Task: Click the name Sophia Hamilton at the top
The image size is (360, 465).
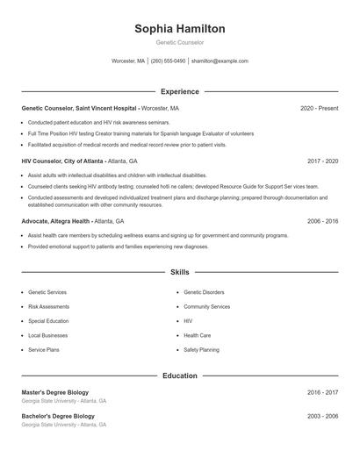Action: coord(180,29)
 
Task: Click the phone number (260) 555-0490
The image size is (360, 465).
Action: coord(168,61)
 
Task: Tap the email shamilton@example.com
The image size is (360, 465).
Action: coord(220,61)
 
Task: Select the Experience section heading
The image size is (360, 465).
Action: coord(180,91)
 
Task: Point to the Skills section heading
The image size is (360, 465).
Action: coord(180,273)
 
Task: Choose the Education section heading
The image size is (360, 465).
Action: coord(180,376)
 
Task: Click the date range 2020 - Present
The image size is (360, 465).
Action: coord(319,108)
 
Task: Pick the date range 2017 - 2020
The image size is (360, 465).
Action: coord(322,161)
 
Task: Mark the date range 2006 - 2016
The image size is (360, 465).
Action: coord(322,222)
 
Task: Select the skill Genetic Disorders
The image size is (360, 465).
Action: coord(204,292)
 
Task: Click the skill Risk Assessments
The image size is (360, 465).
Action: coord(49,307)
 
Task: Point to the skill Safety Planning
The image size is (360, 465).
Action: coord(202,350)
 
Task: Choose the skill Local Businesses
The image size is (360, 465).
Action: coord(47,335)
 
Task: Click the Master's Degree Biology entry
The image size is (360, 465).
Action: coord(54,392)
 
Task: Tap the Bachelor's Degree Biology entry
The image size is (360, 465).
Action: coord(57,416)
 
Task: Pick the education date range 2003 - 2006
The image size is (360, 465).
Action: coord(322,416)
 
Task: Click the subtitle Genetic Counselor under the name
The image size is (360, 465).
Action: coord(180,42)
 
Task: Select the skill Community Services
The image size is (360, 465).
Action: coord(207,307)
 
